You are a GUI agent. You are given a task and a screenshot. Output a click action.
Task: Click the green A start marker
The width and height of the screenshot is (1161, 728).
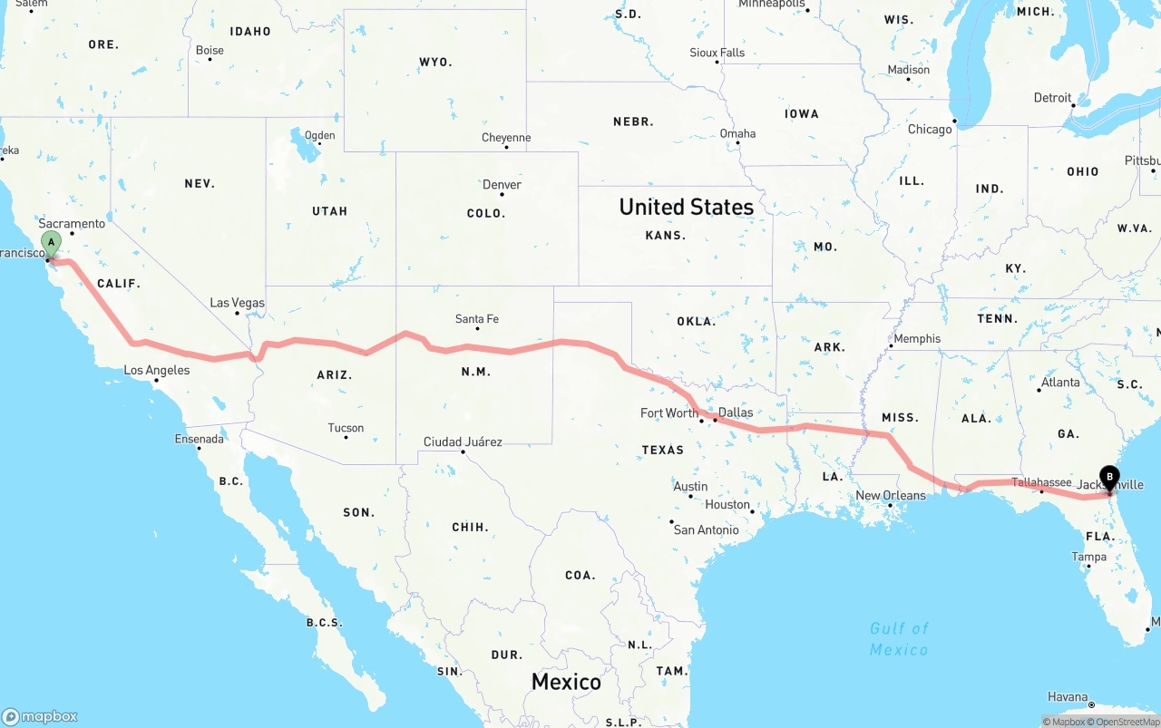click(53, 242)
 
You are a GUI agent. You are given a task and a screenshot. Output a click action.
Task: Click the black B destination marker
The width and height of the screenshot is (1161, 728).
click(1108, 477)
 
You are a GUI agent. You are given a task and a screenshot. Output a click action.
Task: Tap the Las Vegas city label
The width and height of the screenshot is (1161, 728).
click(237, 303)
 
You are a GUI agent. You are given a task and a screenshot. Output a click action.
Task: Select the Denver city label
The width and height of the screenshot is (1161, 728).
click(502, 184)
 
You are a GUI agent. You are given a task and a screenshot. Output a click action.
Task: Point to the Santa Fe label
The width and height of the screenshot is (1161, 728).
click(476, 319)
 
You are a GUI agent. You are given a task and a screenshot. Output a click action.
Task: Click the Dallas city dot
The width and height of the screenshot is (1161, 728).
click(715, 420)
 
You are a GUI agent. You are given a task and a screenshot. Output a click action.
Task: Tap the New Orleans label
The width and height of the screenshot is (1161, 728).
click(891, 495)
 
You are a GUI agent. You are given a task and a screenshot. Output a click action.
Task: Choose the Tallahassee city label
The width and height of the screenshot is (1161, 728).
click(1040, 482)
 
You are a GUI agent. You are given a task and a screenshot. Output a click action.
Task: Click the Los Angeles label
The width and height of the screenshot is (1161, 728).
click(157, 370)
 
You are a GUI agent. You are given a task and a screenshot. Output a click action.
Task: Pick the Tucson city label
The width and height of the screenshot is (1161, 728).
click(346, 428)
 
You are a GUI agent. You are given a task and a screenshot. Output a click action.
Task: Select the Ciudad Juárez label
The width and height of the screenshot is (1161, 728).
click(463, 442)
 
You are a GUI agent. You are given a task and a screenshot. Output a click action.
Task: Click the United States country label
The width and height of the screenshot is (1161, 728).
click(686, 207)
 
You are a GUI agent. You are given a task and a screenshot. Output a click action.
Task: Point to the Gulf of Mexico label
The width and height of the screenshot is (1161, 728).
click(899, 638)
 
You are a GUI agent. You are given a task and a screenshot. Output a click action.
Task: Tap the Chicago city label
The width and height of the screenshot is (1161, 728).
click(930, 130)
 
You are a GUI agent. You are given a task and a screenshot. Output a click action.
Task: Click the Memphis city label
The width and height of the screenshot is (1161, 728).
click(917, 339)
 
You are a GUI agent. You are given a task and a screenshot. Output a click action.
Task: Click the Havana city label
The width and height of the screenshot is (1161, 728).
click(1068, 697)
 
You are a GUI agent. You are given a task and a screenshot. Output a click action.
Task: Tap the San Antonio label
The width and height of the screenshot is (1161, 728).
click(706, 529)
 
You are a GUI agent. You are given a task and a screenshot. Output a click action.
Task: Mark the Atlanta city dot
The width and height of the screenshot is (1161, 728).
click(1039, 390)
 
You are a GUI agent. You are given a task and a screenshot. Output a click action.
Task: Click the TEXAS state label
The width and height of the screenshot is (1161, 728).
click(662, 450)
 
